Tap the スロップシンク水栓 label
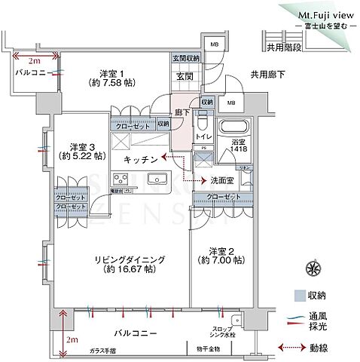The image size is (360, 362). click(x=227, y=332)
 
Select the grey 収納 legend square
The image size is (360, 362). click(x=300, y=296)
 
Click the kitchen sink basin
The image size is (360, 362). click(x=159, y=179)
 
